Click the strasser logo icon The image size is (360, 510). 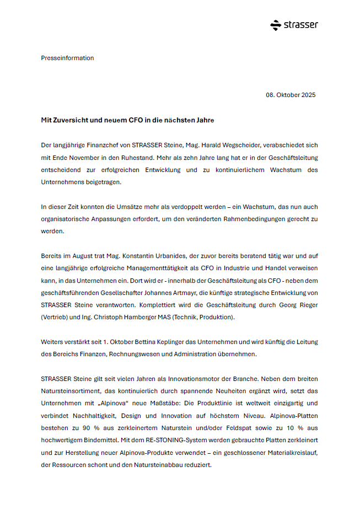point(276,25)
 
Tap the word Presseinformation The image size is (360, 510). point(67,58)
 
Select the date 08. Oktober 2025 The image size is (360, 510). point(291,95)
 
